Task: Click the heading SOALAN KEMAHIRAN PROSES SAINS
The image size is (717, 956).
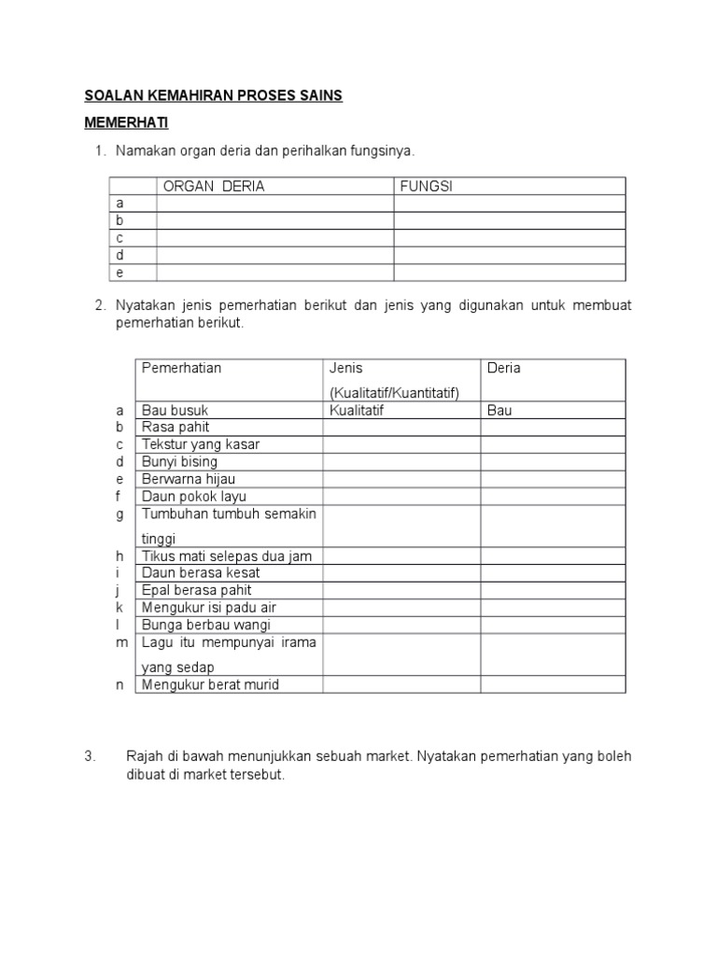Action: click(214, 95)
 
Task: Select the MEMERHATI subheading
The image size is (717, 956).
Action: click(127, 122)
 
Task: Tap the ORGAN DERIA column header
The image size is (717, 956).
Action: click(214, 186)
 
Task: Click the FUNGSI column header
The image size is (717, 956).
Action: click(426, 186)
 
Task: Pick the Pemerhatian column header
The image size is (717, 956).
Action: click(181, 368)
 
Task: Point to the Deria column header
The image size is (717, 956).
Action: click(504, 368)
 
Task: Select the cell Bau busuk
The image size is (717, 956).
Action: click(175, 410)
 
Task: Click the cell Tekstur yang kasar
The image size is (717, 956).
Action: click(200, 444)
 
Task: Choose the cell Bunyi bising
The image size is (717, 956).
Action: click(179, 461)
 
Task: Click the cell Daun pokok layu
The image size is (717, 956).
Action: click(193, 497)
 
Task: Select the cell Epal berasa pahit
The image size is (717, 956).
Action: click(196, 590)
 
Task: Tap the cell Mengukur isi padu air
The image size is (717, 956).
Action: click(208, 607)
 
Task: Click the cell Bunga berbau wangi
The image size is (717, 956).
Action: click(202, 625)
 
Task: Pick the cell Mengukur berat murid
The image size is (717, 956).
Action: click(210, 684)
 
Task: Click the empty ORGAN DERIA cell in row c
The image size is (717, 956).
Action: click(274, 237)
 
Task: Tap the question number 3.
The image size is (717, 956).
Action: click(89, 756)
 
